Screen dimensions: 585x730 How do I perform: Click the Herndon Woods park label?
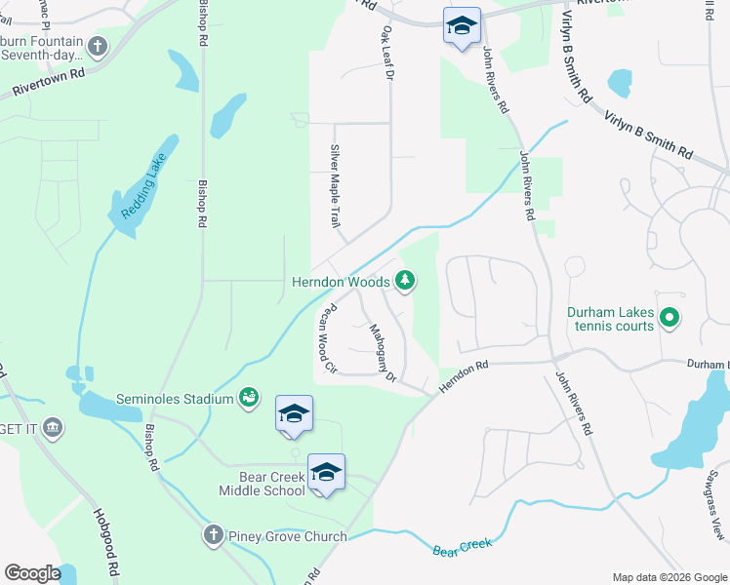(341, 282)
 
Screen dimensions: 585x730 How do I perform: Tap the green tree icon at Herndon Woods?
(405, 282)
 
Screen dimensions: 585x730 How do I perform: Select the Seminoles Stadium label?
(175, 399)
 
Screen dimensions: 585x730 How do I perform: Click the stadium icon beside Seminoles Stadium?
(249, 397)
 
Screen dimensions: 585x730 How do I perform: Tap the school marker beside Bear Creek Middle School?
(326, 474)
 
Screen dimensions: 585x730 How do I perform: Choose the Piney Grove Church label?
(287, 536)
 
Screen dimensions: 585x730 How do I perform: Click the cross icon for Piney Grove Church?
(214, 535)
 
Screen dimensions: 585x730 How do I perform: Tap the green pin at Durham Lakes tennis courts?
(669, 318)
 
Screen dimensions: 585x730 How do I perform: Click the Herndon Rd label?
(463, 375)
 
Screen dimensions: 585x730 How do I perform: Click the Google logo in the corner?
(32, 573)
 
